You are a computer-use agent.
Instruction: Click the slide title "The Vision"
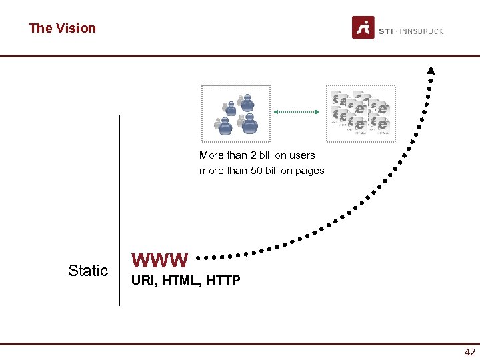[62, 28]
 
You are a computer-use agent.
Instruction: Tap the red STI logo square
[363, 28]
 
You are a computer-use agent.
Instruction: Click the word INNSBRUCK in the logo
[423, 31]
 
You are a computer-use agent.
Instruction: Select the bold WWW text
[160, 259]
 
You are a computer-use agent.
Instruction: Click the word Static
[88, 271]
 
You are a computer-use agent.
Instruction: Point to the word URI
[141, 281]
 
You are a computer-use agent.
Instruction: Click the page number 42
[469, 352]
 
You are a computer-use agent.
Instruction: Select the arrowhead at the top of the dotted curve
[431, 70]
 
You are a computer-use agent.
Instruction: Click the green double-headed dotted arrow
[297, 112]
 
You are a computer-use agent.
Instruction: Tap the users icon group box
[236, 113]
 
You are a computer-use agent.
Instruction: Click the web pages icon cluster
[360, 113]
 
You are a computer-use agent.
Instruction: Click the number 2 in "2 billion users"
[253, 155]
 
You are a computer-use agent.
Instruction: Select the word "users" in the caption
[302, 155]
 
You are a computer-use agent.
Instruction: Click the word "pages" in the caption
[311, 171]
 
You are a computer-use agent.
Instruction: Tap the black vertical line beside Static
[119, 210]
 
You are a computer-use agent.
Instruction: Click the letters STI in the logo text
[385, 31]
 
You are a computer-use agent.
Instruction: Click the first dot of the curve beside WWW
[200, 256]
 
